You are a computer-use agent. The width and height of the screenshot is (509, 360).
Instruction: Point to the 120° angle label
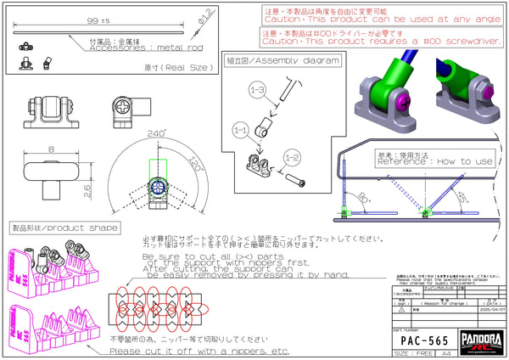coord(196,162)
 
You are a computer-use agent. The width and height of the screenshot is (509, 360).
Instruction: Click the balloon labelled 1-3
coord(257,89)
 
